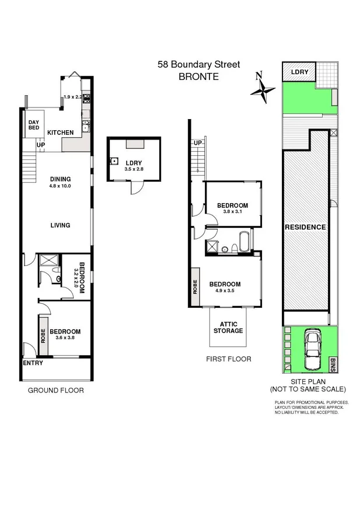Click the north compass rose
pyautogui.click(x=263, y=89)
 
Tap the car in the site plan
pyautogui.click(x=312, y=350)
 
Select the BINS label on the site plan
pyautogui.click(x=334, y=365)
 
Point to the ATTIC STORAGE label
pyautogui.click(x=228, y=328)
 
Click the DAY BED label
pyautogui.click(x=33, y=126)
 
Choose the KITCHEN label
pyautogui.click(x=60, y=133)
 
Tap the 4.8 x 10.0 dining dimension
pyautogui.click(x=60, y=187)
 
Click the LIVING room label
pyautogui.click(x=60, y=225)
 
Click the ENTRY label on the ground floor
pyautogui.click(x=33, y=363)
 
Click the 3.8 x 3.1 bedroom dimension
pyautogui.click(x=232, y=212)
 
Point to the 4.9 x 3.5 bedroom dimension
pyautogui.click(x=228, y=291)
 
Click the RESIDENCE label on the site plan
pyautogui.click(x=305, y=227)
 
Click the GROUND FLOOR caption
pyautogui.click(x=56, y=390)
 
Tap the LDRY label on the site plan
pyautogui.click(x=299, y=72)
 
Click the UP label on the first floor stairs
pyautogui.click(x=197, y=144)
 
